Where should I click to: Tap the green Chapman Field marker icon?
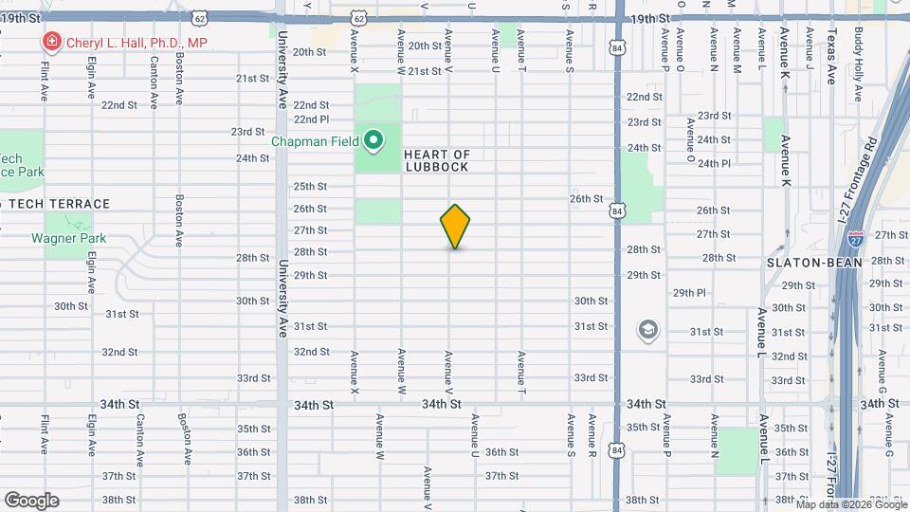[373, 141]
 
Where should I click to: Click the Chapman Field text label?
[315, 142]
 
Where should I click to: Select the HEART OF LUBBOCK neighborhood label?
[437, 160]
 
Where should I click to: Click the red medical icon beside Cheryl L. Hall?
[49, 42]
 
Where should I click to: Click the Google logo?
[31, 501]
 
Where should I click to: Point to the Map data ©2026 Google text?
[850, 503]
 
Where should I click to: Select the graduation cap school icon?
[647, 330]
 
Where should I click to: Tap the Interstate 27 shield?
[855, 238]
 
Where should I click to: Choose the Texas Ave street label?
[831, 56]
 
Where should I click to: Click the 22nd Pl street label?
[310, 119]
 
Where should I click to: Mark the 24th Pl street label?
[714, 163]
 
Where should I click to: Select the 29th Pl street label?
[689, 293]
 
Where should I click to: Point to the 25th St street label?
[310, 187]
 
